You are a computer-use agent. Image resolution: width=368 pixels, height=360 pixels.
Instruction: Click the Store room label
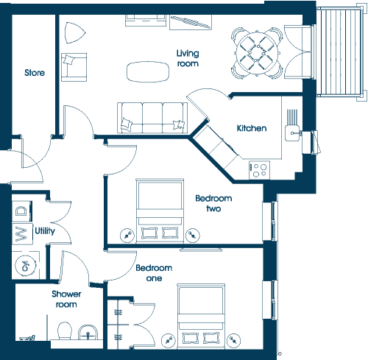tap(35, 73)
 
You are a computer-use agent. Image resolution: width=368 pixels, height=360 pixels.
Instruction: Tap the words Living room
tap(188, 58)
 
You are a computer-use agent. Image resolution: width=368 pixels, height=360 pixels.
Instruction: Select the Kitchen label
tap(252, 128)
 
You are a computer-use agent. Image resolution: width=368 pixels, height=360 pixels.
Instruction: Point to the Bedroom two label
tap(213, 203)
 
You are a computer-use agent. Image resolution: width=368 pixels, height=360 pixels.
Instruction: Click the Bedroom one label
tap(154, 273)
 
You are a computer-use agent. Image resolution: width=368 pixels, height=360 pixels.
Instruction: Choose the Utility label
tap(45, 230)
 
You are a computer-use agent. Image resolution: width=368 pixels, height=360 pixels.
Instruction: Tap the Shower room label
tap(66, 299)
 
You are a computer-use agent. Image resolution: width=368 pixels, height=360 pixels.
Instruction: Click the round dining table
tap(257, 53)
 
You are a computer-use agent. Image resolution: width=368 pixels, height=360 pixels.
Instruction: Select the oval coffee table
tap(148, 71)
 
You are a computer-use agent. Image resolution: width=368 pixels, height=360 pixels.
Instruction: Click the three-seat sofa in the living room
tap(152, 118)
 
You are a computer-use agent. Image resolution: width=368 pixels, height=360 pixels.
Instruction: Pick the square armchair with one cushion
tap(74, 67)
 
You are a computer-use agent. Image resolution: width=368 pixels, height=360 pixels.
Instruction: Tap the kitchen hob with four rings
tap(260, 170)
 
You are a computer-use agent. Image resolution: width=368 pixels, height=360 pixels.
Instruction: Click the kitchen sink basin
tap(292, 133)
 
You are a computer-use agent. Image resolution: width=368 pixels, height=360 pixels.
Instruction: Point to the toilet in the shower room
tap(65, 331)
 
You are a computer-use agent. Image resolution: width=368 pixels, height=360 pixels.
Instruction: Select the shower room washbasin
tap(88, 332)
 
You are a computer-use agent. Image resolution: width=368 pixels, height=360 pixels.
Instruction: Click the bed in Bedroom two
tap(160, 211)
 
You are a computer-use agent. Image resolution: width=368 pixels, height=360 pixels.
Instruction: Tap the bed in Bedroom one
tap(201, 317)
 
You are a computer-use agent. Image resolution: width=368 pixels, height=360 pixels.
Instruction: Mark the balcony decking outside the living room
tap(340, 52)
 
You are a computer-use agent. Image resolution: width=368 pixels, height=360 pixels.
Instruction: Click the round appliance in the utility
tap(26, 266)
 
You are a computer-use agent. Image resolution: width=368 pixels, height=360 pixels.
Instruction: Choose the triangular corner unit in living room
tap(74, 32)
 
